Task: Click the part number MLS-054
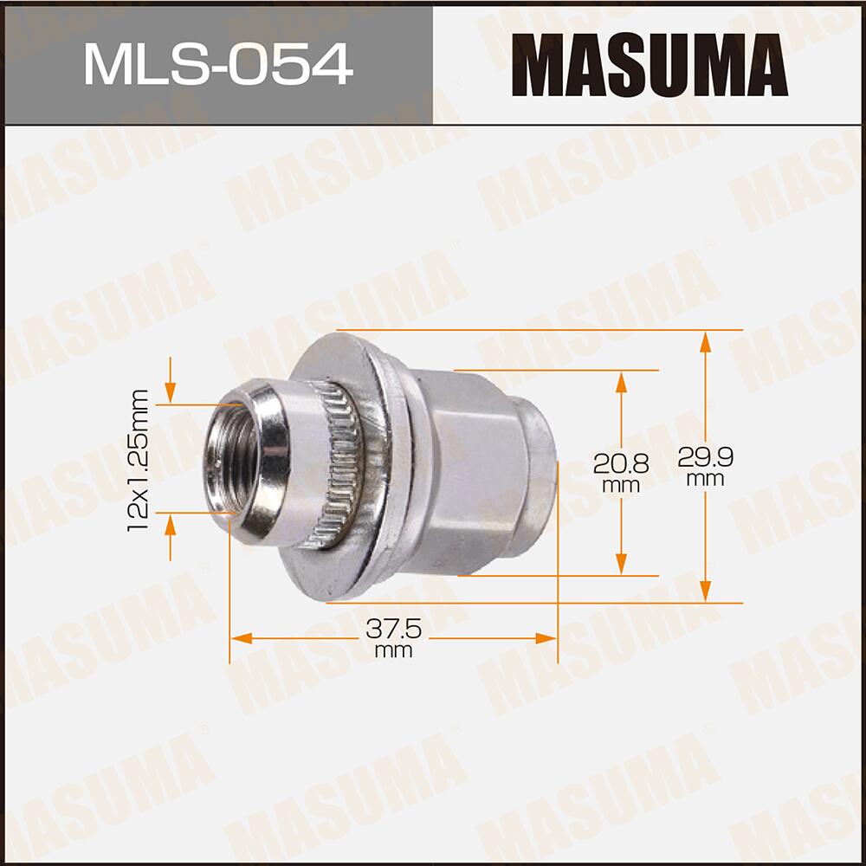pos(217,65)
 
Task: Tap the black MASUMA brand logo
pos(649,65)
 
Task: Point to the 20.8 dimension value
pos(617,464)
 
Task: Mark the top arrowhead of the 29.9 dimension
pos(706,340)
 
